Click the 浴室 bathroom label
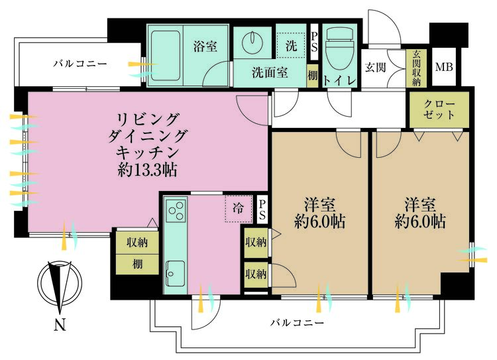(x=205, y=47)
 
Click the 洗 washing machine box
(x=292, y=47)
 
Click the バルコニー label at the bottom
(x=297, y=323)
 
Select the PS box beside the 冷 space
(x=262, y=210)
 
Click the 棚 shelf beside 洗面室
(x=313, y=76)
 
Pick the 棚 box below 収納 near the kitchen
(x=136, y=264)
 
